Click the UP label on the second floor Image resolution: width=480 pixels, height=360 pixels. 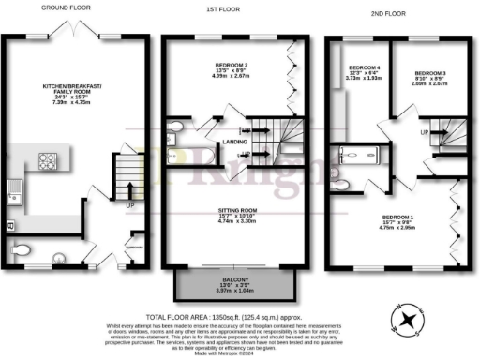tap(425, 134)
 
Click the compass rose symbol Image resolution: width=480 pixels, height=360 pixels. tap(409, 322)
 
